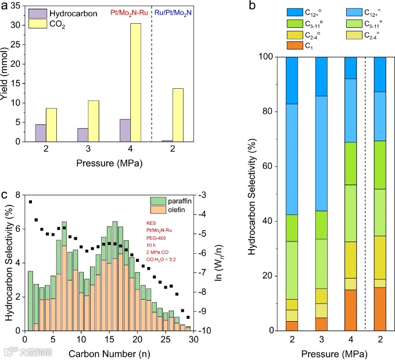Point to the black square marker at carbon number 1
(30, 201)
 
